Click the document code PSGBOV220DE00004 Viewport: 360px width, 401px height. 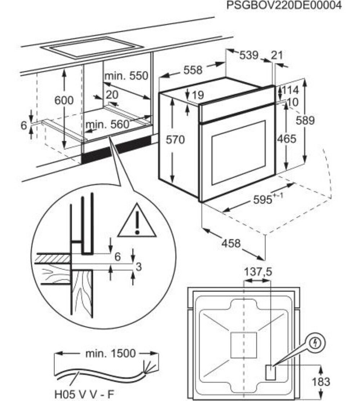[284, 6]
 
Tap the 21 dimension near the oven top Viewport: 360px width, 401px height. [277, 55]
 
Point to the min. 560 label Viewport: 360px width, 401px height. [107, 125]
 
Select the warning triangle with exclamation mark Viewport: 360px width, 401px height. [137, 222]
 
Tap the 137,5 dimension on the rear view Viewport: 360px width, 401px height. [258, 272]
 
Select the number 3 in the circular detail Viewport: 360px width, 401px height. [138, 267]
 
